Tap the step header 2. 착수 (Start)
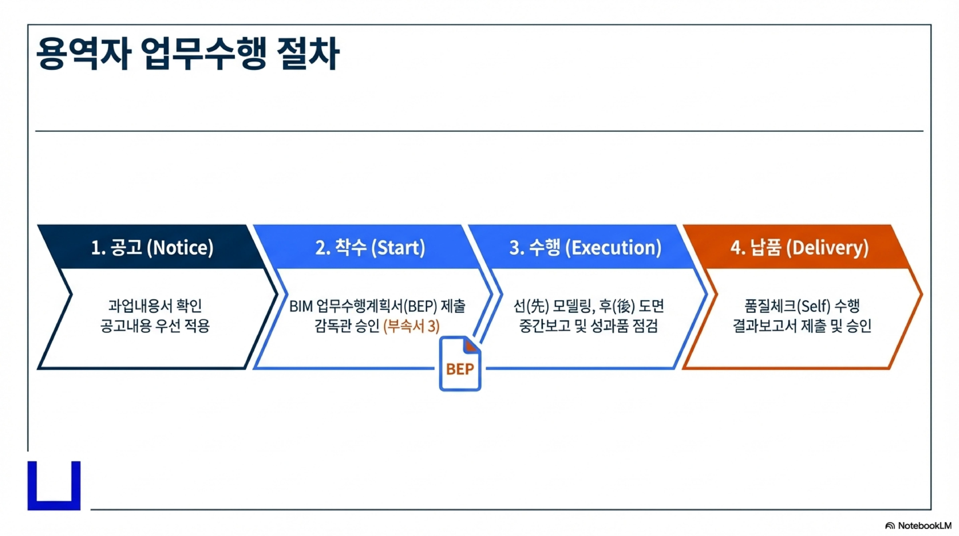point(370,248)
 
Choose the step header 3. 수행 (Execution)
point(585,248)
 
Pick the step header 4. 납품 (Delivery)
point(799,248)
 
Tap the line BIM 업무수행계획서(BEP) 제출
point(377,306)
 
